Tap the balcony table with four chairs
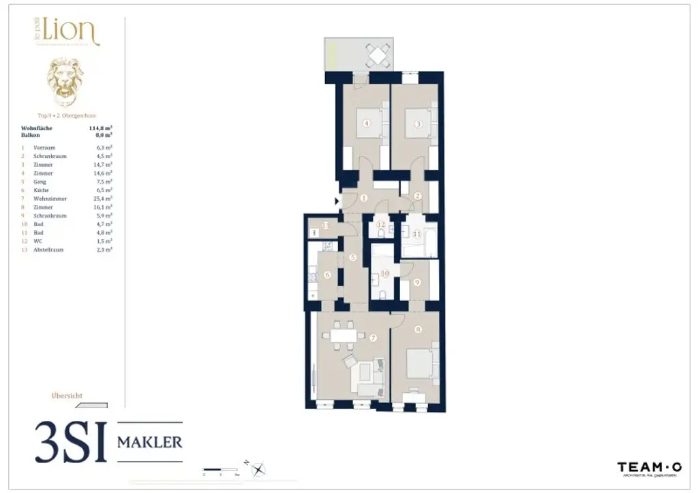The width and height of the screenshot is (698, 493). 376,54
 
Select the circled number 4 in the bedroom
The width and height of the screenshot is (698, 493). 367,123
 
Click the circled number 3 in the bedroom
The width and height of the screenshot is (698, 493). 418,123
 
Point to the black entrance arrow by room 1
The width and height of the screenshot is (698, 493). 337,201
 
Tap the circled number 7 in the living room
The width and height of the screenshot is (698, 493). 373,338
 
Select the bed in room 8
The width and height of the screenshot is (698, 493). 418,364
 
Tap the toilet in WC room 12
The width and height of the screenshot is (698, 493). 380,233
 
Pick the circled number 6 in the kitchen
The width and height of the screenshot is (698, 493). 327,275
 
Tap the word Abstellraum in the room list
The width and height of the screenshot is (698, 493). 48,250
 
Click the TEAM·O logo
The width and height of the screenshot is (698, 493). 649,467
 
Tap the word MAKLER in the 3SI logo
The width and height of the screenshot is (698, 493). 150,442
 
